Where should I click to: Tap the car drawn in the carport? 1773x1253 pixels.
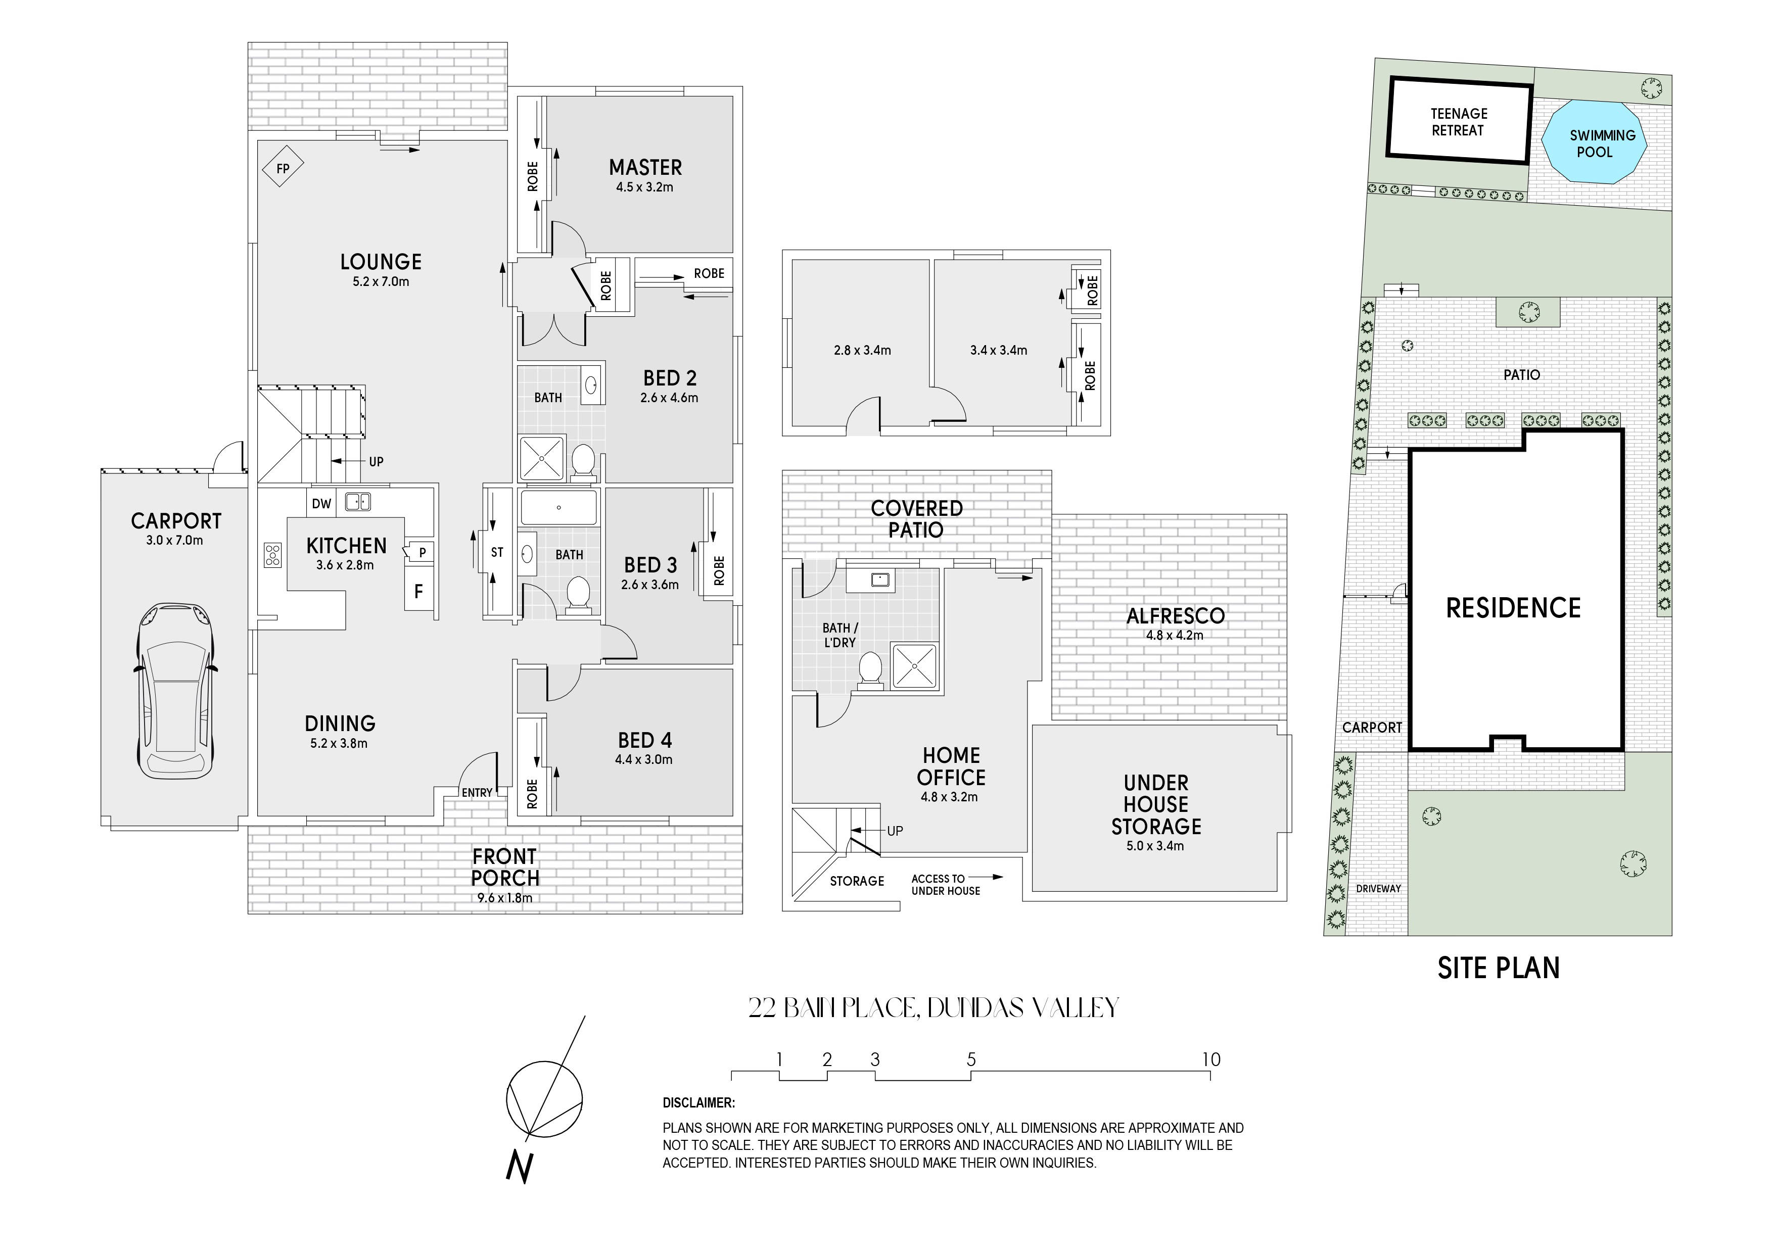pos(174,691)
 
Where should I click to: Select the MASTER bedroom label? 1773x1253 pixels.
pos(645,168)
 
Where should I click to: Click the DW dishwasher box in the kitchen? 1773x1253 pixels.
pos(322,503)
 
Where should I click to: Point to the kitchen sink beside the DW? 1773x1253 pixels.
pos(357,502)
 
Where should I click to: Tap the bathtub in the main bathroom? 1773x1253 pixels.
pos(559,508)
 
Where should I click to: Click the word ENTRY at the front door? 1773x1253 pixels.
pos(477,793)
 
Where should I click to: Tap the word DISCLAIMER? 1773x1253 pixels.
pos(699,1103)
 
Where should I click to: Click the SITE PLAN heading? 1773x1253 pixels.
pos(1498,968)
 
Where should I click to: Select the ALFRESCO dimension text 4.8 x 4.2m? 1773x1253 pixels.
pos(1175,636)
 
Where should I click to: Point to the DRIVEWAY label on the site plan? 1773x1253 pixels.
pos(1378,889)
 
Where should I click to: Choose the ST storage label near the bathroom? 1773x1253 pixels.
pos(497,553)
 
